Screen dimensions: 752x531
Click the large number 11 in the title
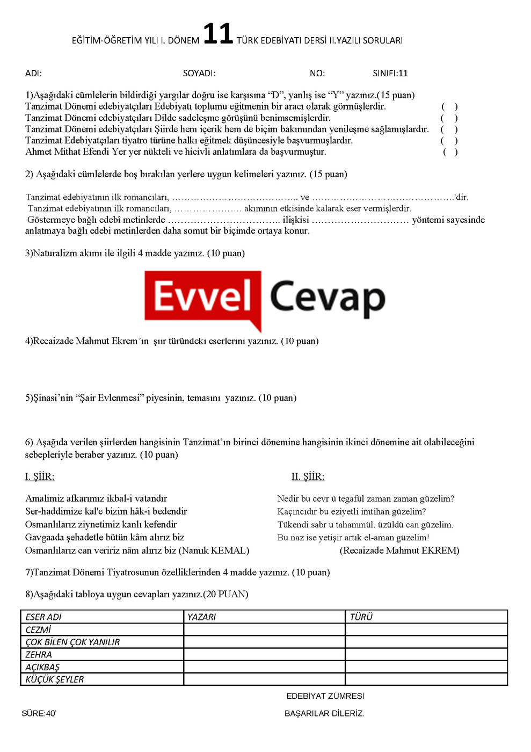(217, 34)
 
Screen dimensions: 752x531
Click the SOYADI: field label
(199, 74)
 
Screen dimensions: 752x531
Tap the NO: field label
(317, 74)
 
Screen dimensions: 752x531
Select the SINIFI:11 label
(390, 74)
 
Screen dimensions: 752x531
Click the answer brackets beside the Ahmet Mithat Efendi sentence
(450, 152)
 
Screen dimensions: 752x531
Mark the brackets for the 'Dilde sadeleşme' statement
(449, 118)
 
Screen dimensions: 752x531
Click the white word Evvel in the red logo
(203, 297)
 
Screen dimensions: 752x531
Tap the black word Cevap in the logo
(327, 298)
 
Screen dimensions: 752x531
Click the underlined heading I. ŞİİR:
(40, 477)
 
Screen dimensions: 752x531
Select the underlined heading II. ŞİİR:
(308, 477)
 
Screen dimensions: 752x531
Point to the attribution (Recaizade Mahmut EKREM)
(399, 551)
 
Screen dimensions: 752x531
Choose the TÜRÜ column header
(361, 617)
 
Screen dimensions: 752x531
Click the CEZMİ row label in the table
(38, 630)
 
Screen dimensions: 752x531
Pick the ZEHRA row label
(39, 655)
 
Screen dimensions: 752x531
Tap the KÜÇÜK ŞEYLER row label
(55, 679)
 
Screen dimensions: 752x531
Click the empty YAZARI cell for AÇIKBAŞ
(264, 667)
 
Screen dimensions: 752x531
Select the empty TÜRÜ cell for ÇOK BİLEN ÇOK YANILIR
(426, 642)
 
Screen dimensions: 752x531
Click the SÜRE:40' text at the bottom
(39, 713)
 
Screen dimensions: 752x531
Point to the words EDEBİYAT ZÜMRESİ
(325, 696)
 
